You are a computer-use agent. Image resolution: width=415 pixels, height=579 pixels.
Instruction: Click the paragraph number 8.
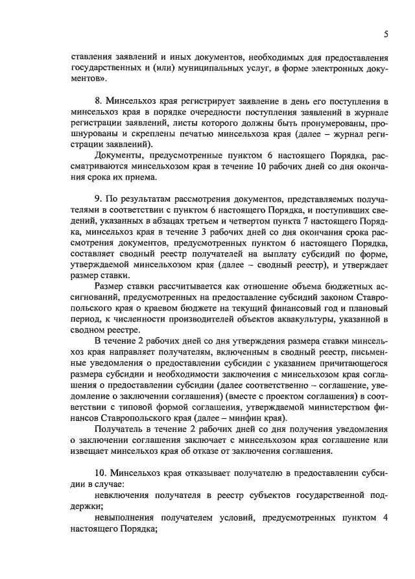point(98,102)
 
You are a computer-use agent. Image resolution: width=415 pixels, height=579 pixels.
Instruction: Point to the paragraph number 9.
point(98,196)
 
